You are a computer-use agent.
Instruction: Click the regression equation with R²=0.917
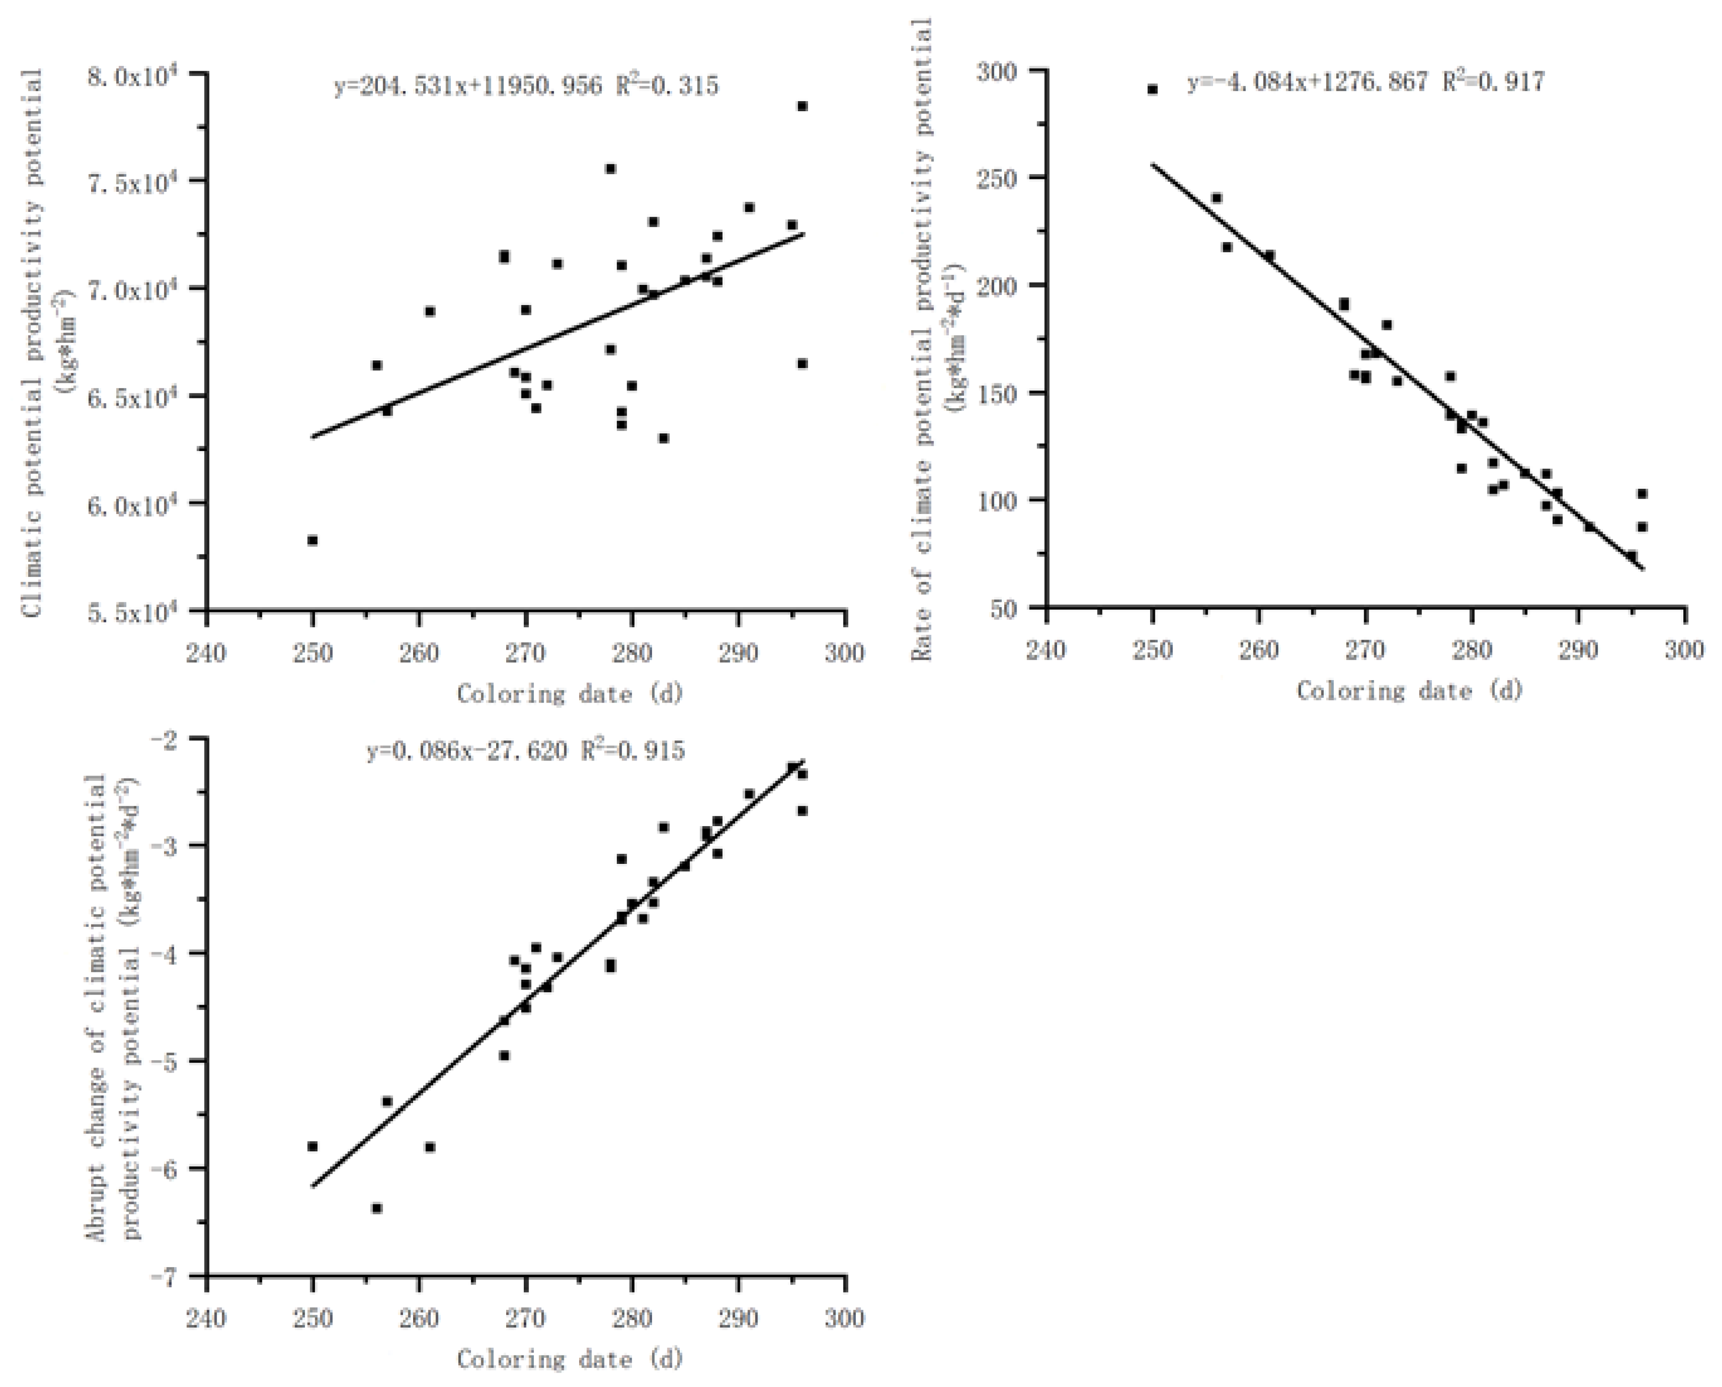(1366, 82)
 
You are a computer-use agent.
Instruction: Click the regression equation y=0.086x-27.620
(526, 751)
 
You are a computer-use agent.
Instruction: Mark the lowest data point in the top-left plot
(312, 540)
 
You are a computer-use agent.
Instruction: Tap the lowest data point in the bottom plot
(376, 1208)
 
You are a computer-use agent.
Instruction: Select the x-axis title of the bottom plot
(570, 1358)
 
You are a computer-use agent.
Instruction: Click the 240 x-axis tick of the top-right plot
(1046, 651)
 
